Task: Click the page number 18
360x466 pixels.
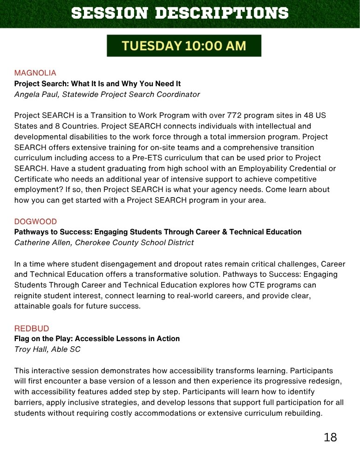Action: pos(330,437)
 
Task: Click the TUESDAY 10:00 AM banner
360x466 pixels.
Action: pos(184,46)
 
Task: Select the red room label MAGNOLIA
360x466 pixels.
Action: pos(35,73)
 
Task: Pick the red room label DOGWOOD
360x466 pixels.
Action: pos(35,221)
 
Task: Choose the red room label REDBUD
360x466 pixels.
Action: pos(32,329)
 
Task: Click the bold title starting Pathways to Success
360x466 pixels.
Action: pos(158,232)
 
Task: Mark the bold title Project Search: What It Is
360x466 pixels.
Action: pos(97,84)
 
